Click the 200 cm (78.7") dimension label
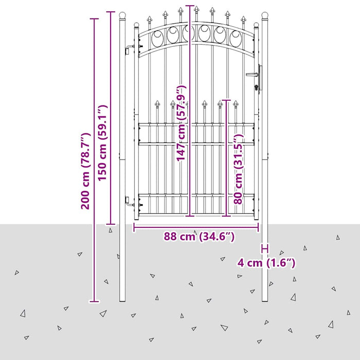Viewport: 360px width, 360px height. [86, 171]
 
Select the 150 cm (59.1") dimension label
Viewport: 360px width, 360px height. [102, 143]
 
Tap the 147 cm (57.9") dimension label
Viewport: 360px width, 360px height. [181, 122]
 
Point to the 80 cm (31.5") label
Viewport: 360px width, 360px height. [238, 169]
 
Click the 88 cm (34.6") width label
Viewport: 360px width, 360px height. [199, 236]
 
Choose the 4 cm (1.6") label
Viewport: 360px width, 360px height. [266, 263]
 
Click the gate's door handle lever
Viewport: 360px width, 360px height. [252, 75]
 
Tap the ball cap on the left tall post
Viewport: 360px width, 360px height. [122, 15]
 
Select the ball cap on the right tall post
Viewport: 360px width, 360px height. [265, 15]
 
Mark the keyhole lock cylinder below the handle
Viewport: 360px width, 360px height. [256, 87]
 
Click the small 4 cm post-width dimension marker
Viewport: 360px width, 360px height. [265, 248]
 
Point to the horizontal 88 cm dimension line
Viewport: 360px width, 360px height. [196, 227]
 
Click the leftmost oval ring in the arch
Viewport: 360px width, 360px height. [158, 38]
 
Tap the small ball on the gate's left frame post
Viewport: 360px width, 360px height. [136, 25]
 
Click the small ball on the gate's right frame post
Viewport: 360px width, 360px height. [256, 25]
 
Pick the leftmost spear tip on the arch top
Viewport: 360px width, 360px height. [150, 20]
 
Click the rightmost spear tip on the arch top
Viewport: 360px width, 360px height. [243, 20]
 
